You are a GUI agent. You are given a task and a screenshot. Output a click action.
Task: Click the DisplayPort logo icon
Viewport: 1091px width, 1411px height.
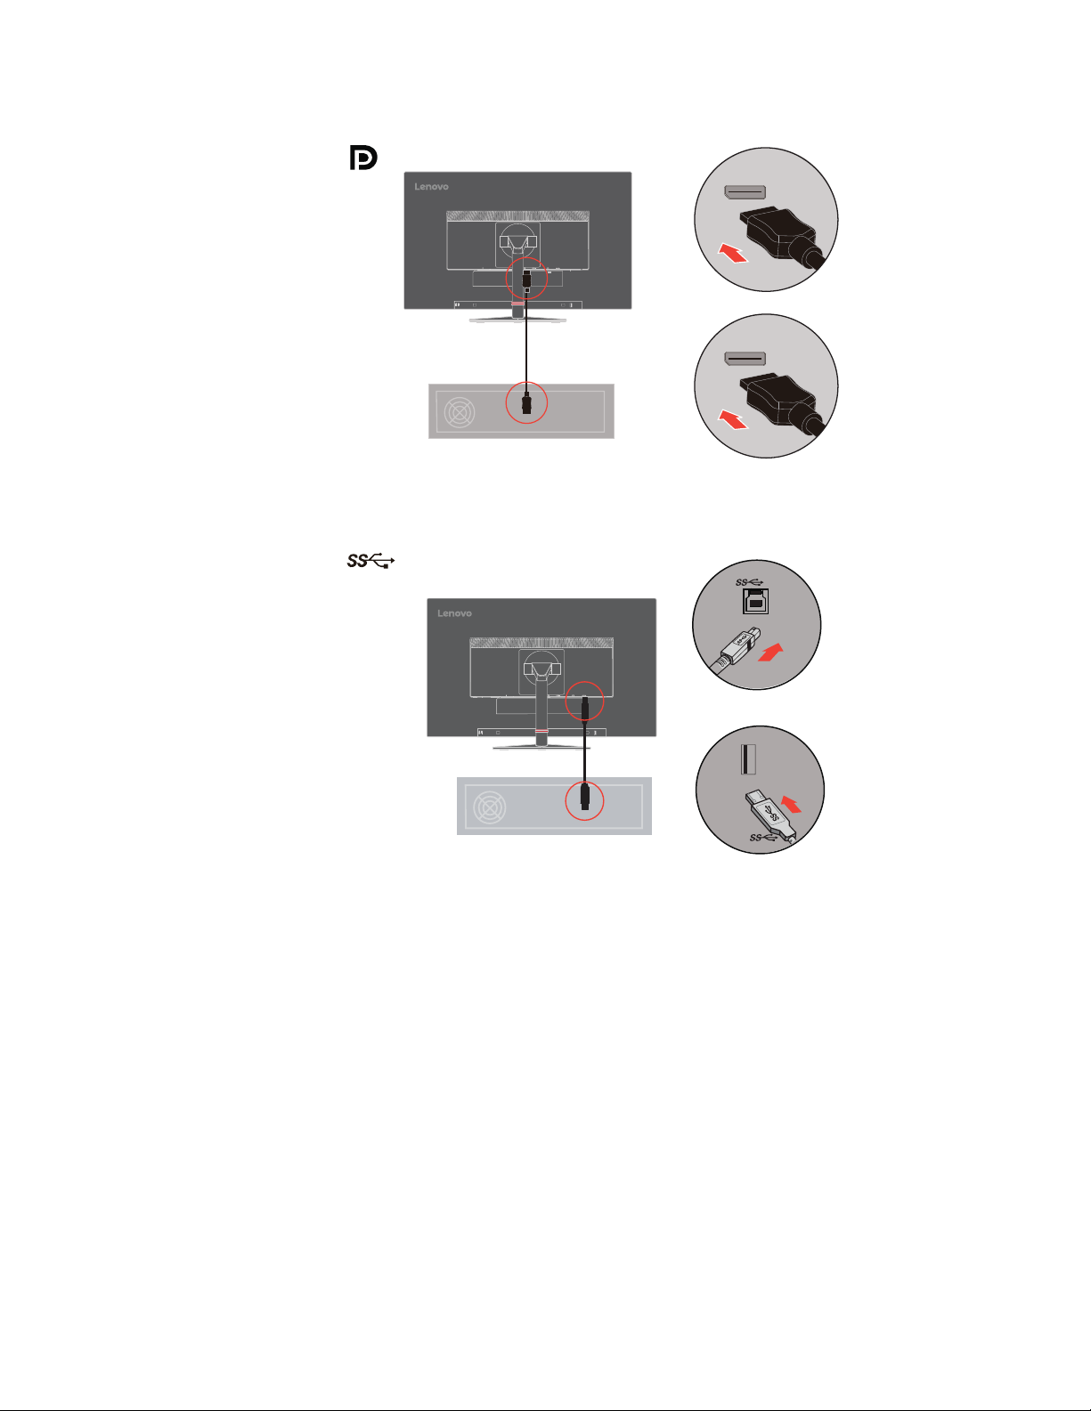point(363,158)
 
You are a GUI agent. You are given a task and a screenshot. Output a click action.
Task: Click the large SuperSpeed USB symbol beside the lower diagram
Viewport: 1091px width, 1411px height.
point(370,560)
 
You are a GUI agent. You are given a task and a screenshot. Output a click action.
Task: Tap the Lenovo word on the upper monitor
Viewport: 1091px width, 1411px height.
point(431,186)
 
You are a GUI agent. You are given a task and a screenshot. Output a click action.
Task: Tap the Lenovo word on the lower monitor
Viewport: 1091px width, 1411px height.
point(454,613)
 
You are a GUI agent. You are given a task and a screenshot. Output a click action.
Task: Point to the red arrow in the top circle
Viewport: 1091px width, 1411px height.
point(733,253)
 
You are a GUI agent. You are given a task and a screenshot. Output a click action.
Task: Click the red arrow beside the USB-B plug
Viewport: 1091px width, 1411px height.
point(771,653)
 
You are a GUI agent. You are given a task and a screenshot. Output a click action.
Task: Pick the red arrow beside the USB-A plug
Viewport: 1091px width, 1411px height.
point(791,804)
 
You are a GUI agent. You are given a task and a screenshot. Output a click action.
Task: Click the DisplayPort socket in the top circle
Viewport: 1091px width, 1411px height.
point(745,192)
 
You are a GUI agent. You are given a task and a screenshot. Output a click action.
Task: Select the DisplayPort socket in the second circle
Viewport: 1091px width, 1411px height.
point(745,359)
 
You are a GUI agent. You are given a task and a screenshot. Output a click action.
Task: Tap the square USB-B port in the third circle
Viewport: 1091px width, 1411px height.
point(755,601)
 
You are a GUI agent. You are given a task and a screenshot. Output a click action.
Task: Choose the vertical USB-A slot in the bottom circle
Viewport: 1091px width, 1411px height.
point(748,759)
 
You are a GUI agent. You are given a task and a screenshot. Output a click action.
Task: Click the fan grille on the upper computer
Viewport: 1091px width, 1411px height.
point(460,412)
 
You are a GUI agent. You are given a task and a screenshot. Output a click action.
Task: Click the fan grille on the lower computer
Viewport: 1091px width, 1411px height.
point(490,807)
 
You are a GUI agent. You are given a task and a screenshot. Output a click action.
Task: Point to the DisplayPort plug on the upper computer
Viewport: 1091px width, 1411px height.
point(526,402)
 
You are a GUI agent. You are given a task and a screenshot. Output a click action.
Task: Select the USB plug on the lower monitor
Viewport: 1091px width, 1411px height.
point(584,708)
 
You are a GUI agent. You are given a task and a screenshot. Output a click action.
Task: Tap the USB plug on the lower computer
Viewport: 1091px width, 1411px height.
point(584,797)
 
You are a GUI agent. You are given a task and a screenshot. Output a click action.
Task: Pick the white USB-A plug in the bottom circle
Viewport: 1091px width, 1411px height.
point(771,815)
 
